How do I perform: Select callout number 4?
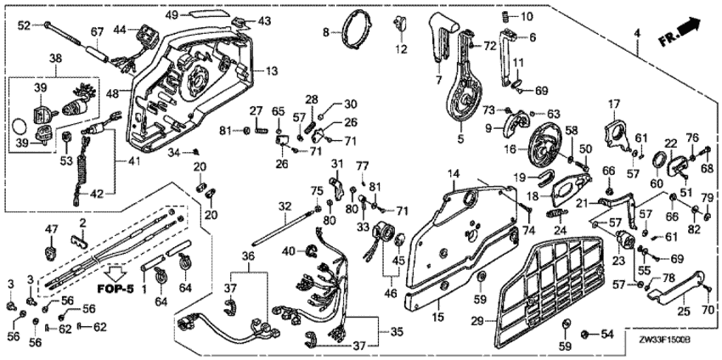(x=636, y=32)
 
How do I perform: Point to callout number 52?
(x=23, y=26)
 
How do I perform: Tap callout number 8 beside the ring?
(x=324, y=32)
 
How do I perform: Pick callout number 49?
(x=171, y=15)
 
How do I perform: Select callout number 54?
(x=606, y=335)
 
